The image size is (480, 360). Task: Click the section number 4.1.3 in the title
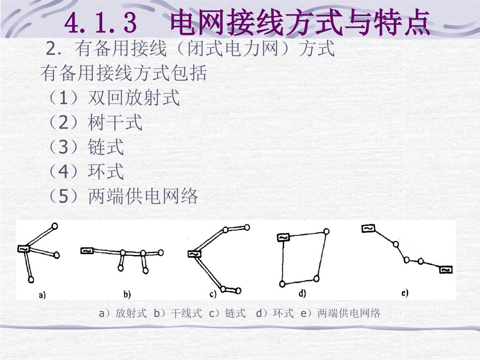[x=100, y=23]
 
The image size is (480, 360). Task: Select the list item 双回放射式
[x=134, y=98]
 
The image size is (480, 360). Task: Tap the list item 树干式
[x=115, y=122]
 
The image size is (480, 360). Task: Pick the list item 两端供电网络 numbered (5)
[x=143, y=196]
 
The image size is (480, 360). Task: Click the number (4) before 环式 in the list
[x=63, y=172]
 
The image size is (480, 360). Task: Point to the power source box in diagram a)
[x=23, y=249]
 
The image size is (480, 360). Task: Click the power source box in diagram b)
[x=87, y=251]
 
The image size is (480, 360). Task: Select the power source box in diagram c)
[x=194, y=254]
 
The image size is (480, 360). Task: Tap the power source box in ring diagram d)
[x=283, y=237]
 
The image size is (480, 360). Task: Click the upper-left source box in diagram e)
[x=368, y=228]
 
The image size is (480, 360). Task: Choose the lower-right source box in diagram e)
[x=446, y=270]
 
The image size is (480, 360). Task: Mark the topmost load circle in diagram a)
[x=55, y=226]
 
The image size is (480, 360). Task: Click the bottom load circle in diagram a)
[x=31, y=279]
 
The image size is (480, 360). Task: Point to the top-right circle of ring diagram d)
[x=327, y=231]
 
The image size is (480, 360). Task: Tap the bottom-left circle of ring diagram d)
[x=282, y=284]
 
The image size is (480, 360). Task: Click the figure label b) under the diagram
[x=127, y=294]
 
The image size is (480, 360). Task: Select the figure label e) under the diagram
[x=405, y=293]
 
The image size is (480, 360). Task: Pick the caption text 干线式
[x=186, y=313]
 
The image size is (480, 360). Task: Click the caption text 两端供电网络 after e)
[x=349, y=313]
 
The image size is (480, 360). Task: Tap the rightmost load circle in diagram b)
[x=160, y=253]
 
